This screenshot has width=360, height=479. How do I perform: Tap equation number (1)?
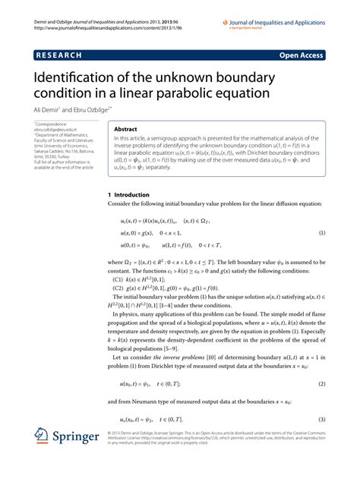coord(322,233)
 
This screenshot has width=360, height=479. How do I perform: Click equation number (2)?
coord(322,384)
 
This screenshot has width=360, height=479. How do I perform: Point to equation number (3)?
coord(322,418)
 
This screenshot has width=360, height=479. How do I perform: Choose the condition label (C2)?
coord(118,288)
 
